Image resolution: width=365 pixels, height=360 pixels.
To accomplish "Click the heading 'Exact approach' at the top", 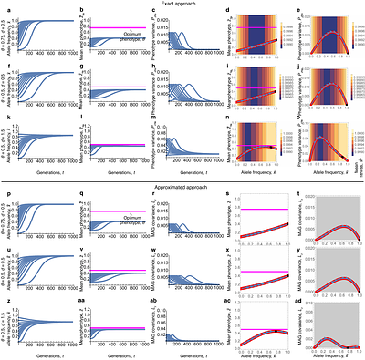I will [x=182, y=4].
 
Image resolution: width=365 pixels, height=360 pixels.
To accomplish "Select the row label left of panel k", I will [x=4, y=145].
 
